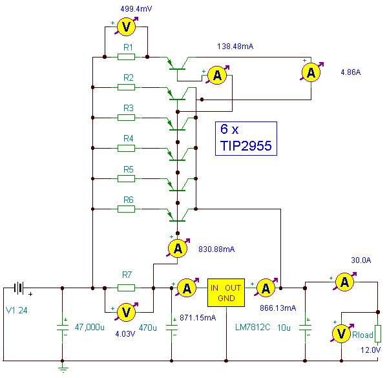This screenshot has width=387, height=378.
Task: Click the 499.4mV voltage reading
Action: (136, 9)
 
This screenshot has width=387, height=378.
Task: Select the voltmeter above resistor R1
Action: (126, 26)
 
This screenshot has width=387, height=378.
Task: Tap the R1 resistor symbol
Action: (126, 57)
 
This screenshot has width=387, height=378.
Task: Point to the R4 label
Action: (129, 138)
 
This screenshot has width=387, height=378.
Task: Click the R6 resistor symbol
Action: (126, 209)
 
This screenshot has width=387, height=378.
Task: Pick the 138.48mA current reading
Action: (235, 46)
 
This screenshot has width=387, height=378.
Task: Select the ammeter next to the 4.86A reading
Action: (311, 72)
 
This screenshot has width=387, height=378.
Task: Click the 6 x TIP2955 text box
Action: (246, 138)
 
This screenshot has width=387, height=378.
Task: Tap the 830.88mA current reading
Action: (216, 249)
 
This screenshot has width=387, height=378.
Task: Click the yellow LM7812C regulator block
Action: (226, 293)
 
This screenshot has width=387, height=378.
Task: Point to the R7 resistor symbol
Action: (126, 288)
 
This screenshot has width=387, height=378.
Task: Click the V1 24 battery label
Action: (16, 310)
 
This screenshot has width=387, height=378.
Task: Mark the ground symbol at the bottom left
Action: (63, 369)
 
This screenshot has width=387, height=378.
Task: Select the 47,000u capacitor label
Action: (89, 328)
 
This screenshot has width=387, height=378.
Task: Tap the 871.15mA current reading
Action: (198, 317)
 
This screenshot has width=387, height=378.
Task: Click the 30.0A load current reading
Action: (361, 260)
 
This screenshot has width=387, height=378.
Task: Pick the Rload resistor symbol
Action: (378, 334)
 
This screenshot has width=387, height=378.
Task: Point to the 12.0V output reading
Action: (370, 350)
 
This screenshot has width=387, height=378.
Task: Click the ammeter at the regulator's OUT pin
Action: (266, 288)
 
